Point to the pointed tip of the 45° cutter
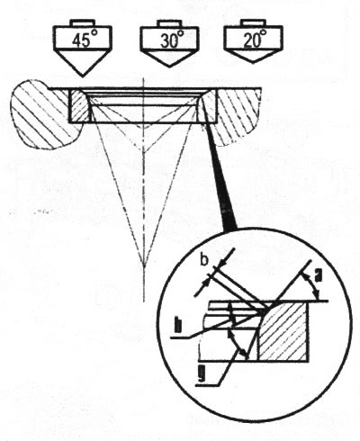82,76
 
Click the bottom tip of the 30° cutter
169,67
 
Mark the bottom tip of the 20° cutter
254,62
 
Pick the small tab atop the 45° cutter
82,23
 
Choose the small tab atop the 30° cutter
170,23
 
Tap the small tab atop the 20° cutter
254,23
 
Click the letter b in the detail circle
204,260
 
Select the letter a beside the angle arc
318,275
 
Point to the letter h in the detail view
178,326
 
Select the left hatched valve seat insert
78,106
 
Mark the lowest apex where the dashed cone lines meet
144,264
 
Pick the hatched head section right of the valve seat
237,115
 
